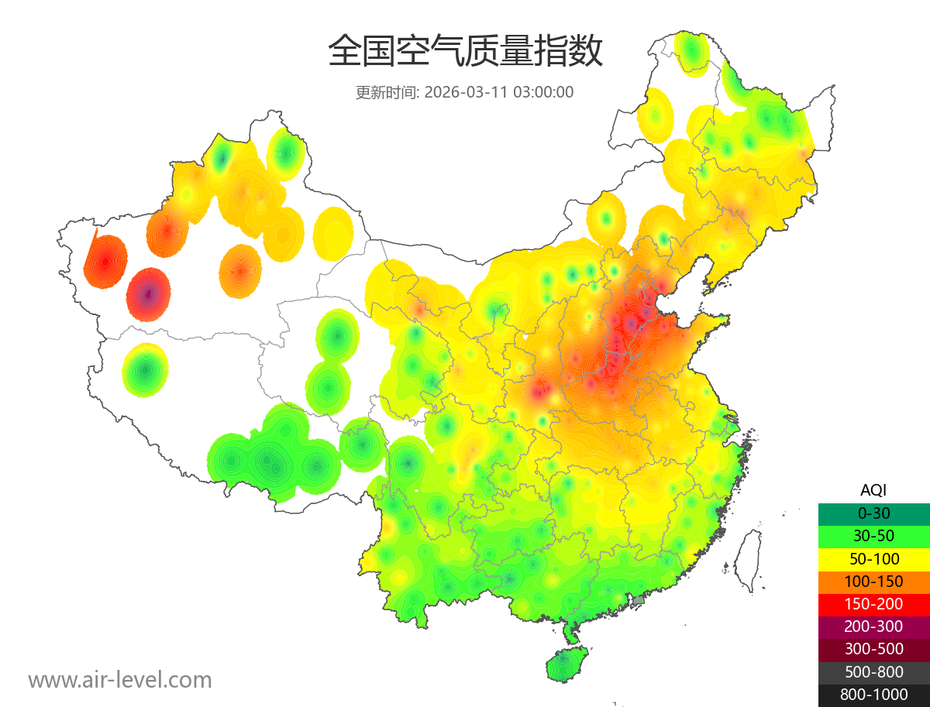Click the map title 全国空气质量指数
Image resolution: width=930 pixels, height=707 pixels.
(x=465, y=52)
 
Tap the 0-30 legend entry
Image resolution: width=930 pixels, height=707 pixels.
(x=873, y=513)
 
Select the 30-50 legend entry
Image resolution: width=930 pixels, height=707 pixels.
(x=873, y=535)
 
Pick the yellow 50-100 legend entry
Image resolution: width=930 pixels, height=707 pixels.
(x=873, y=558)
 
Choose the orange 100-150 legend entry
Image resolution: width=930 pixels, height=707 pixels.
(x=873, y=581)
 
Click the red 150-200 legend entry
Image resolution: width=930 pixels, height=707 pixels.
(x=873, y=603)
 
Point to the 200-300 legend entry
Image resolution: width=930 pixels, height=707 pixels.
(x=873, y=626)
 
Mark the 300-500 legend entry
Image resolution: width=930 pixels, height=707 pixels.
(x=873, y=649)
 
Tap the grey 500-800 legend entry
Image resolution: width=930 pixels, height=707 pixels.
(x=873, y=671)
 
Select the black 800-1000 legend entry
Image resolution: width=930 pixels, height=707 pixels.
(x=873, y=695)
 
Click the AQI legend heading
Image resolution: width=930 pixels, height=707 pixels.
(x=873, y=490)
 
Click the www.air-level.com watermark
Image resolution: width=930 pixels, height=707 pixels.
(x=120, y=680)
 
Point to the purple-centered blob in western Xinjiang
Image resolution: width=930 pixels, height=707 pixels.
(x=149, y=294)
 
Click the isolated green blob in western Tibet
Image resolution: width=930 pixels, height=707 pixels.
(x=145, y=370)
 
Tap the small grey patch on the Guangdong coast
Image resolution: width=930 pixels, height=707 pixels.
(x=639, y=600)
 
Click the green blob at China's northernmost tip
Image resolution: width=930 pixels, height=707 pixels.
(x=691, y=53)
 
